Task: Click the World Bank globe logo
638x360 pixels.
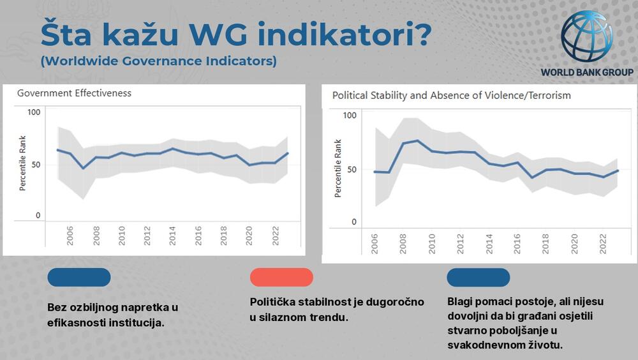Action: click(587, 37)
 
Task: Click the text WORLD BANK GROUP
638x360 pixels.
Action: click(587, 72)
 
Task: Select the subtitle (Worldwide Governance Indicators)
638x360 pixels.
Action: click(158, 62)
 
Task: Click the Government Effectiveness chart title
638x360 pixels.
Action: click(74, 93)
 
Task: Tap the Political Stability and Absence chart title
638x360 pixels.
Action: click(451, 95)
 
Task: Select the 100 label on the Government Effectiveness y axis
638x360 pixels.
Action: click(34, 112)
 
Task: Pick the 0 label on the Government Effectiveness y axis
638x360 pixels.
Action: click(38, 216)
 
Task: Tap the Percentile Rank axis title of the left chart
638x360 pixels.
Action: click(22, 164)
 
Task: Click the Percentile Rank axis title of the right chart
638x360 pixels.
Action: click(338, 168)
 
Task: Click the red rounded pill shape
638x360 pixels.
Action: click(281, 277)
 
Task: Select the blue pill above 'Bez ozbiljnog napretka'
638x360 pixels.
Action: click(79, 277)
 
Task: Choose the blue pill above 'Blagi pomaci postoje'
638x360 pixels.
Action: click(478, 277)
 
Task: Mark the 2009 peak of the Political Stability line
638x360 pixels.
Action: click(417, 140)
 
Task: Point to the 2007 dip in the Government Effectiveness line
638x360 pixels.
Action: click(83, 168)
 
